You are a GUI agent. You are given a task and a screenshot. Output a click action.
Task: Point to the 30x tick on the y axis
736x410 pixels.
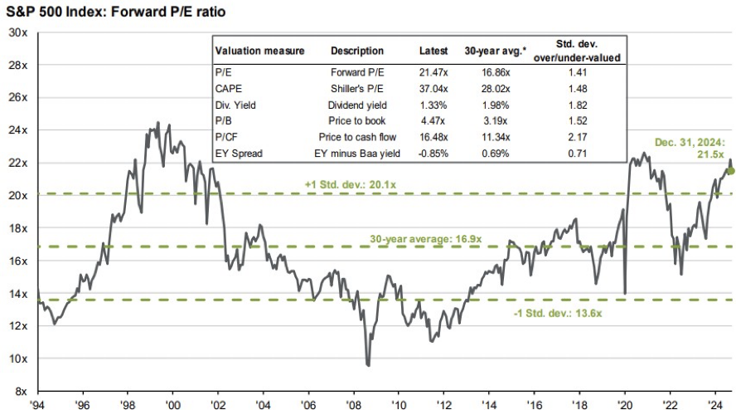[18, 32]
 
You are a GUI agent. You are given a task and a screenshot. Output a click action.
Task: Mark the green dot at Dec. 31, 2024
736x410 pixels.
[731, 171]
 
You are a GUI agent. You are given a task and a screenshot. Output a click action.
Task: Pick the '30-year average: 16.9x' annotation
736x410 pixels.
[425, 239]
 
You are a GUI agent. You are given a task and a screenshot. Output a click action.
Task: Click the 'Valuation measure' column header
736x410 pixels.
[259, 51]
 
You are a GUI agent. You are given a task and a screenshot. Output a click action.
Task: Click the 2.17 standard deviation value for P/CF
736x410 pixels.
[578, 134]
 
